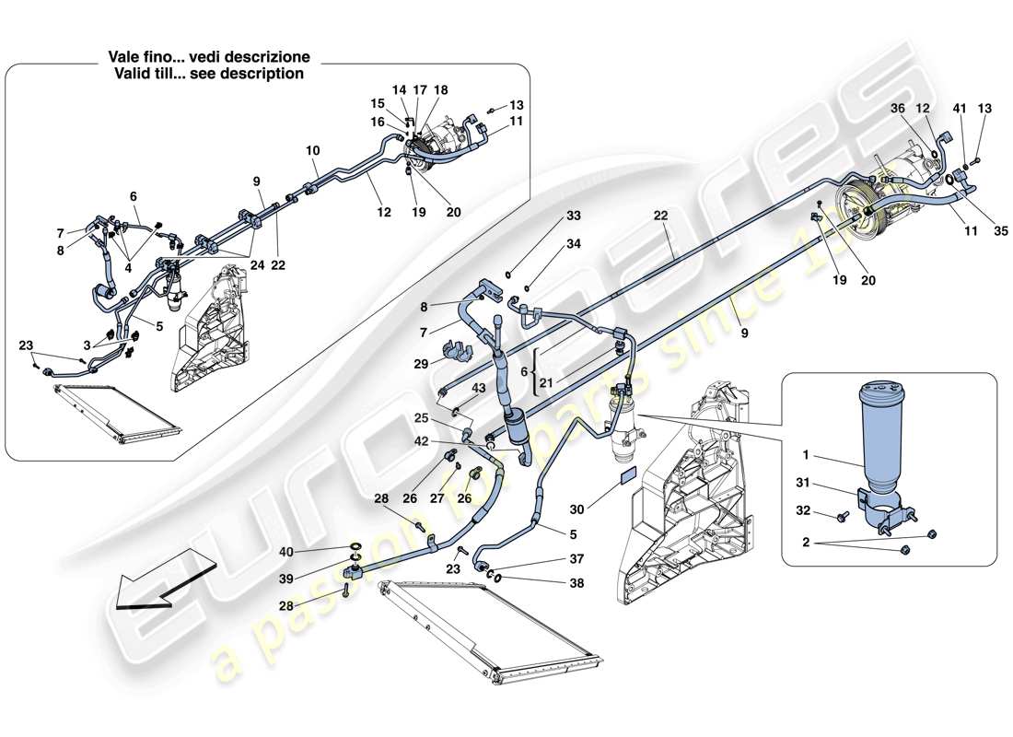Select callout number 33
[574, 216]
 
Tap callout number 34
[574, 244]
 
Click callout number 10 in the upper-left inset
[312, 150]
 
